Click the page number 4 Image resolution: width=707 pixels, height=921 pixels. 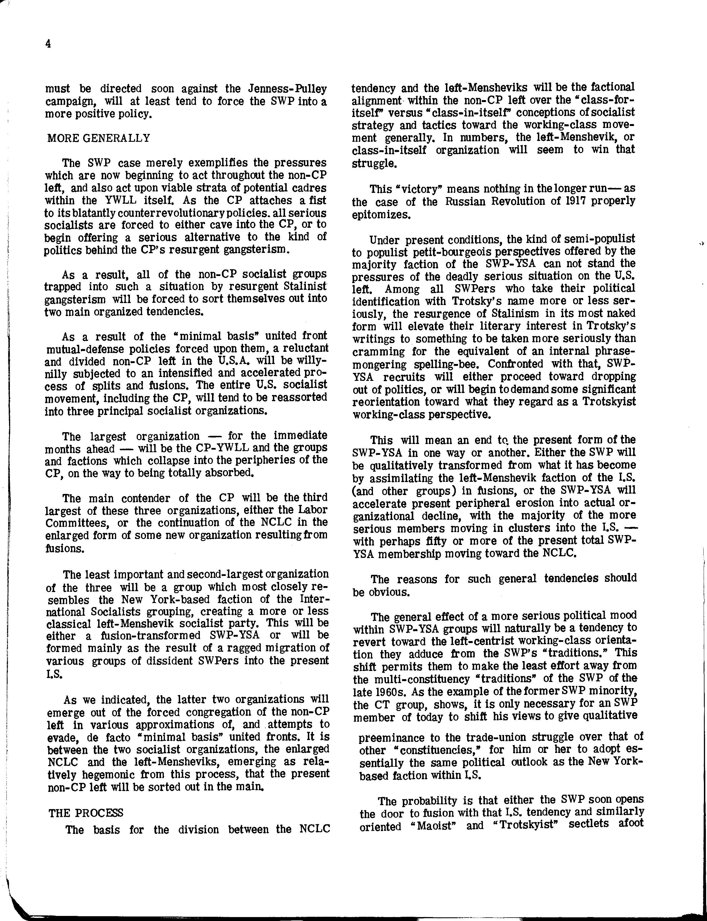[x=48, y=44]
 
